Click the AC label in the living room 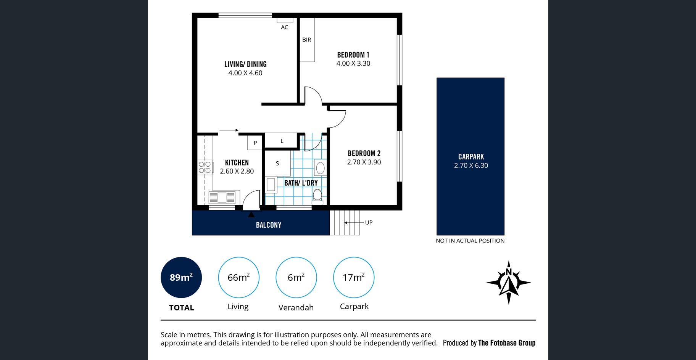(x=285, y=27)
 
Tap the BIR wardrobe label (x=307, y=40)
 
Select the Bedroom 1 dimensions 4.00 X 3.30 (x=353, y=64)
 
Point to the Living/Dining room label (x=245, y=64)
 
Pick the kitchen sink (x=222, y=198)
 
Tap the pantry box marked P (x=255, y=143)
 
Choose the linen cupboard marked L (x=282, y=140)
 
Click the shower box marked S (x=277, y=163)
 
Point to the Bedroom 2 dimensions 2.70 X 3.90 (x=364, y=162)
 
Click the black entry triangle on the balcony (x=251, y=215)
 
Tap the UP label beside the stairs (x=369, y=223)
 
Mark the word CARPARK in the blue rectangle (x=471, y=157)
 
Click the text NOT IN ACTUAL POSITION (x=470, y=241)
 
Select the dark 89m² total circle (x=181, y=277)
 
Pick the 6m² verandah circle (x=296, y=277)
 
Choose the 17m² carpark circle (x=354, y=277)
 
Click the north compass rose (x=509, y=283)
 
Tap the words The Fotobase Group (x=507, y=343)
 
